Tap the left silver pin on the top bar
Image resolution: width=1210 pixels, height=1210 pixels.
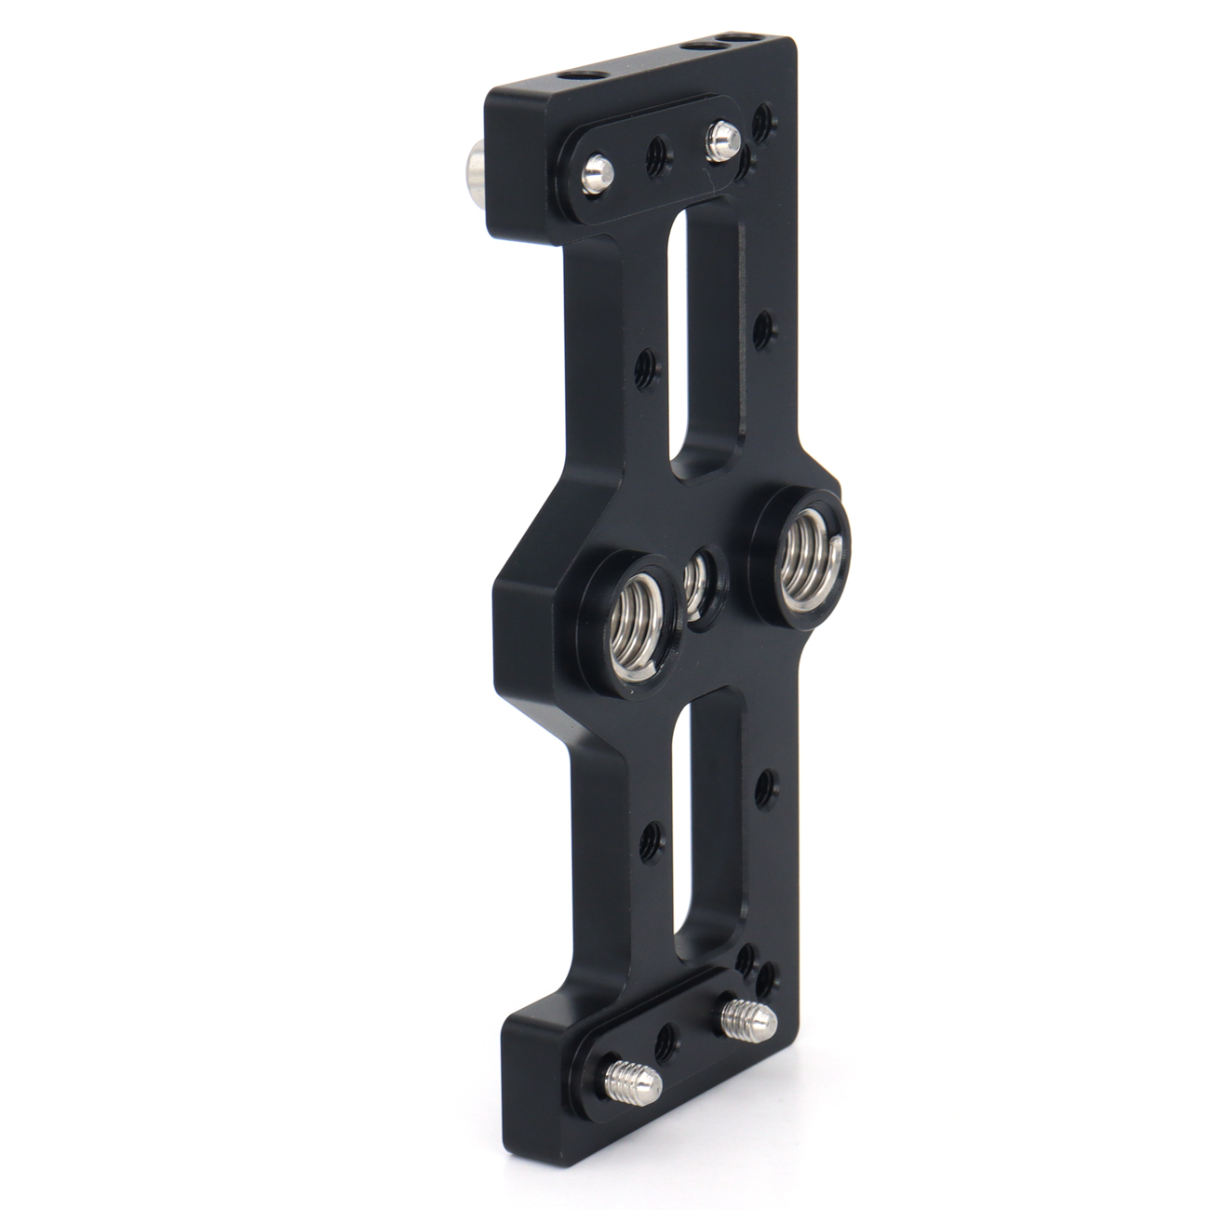tap(597, 173)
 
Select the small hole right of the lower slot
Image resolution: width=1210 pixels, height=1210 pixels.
tap(765, 785)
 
